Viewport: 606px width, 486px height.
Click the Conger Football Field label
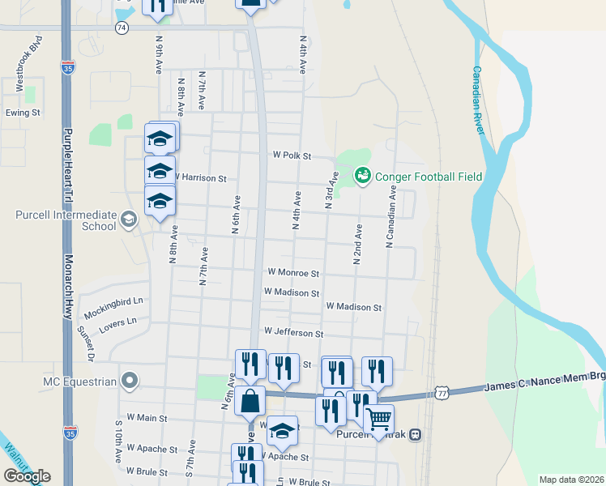429,177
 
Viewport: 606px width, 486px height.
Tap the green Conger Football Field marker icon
363,175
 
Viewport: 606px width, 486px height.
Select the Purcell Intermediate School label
66,220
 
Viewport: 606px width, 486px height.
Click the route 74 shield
122,28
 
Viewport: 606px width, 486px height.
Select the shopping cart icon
378,420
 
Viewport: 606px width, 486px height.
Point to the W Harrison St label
200,177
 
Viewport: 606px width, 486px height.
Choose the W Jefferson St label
293,333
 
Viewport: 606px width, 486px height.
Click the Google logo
27,475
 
